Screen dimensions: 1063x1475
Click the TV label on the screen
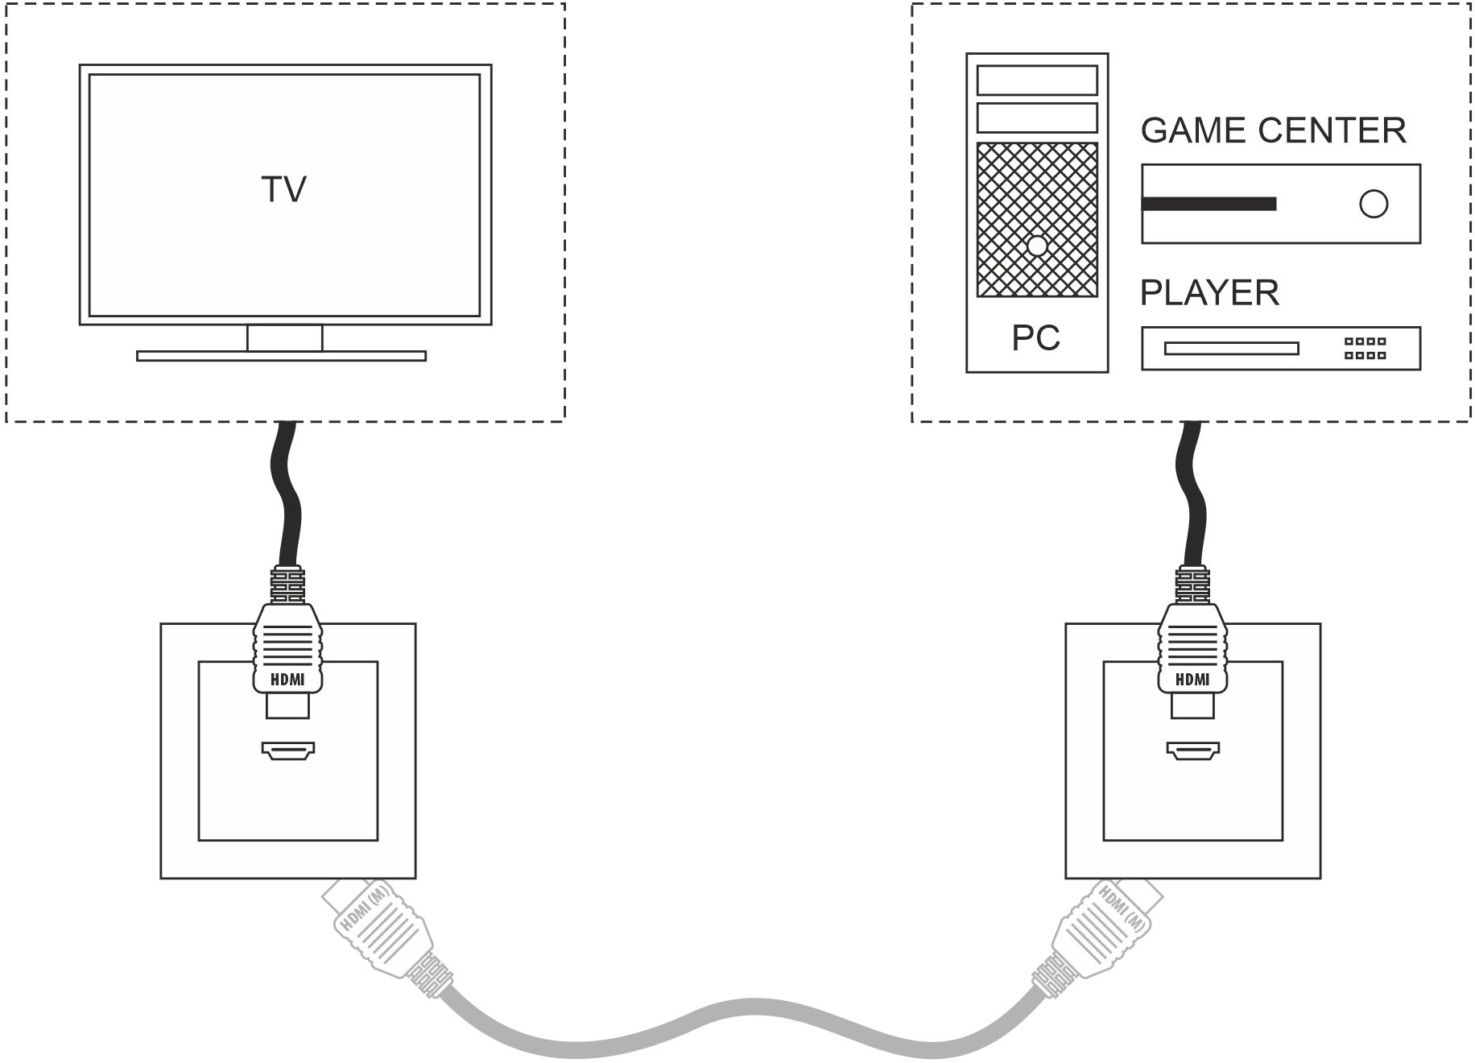(284, 190)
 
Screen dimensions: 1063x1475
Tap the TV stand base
(281, 356)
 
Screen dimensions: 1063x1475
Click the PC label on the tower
(1035, 338)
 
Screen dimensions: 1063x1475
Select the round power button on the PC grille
(1038, 246)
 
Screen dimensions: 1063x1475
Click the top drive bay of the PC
(1037, 81)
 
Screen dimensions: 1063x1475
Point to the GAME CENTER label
(1273, 130)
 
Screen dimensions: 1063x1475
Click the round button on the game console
(1374, 204)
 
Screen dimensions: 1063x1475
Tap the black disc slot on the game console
(1209, 204)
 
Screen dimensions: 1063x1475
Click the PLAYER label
(1209, 292)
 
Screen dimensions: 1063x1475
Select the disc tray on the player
(1231, 349)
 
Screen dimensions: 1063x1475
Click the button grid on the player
(1365, 348)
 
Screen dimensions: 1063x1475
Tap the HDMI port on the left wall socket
(288, 751)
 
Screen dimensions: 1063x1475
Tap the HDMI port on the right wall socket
(1193, 751)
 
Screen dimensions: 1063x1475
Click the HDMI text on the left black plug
(288, 680)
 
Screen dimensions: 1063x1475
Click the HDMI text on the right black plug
(1192, 680)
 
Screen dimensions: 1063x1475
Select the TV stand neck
(284, 338)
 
